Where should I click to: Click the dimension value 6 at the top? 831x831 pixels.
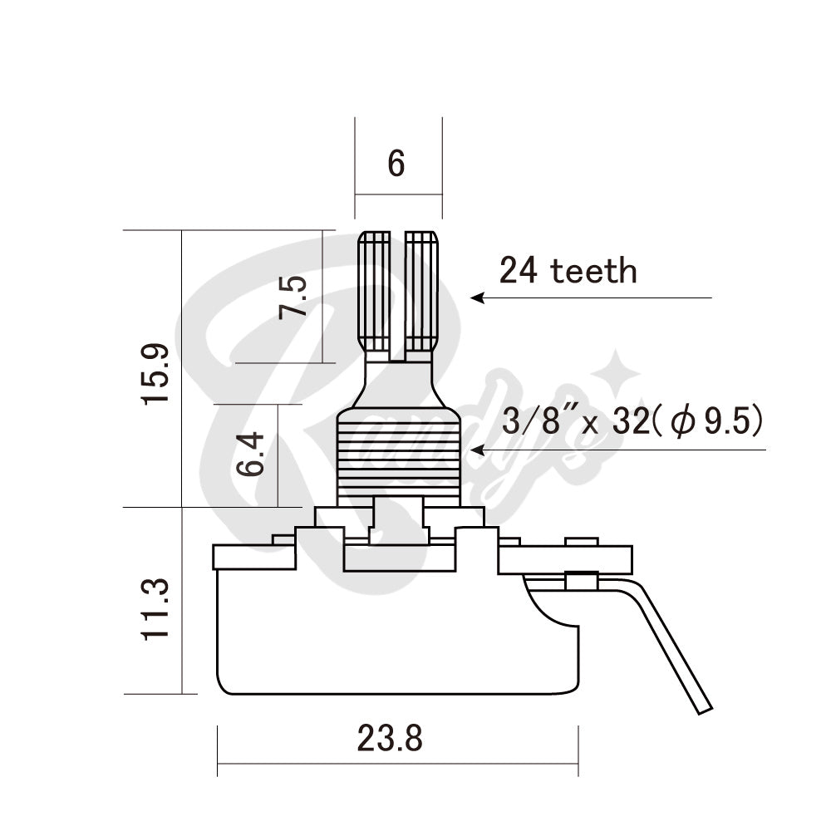(x=396, y=165)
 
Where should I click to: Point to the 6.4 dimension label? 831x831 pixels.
(x=250, y=453)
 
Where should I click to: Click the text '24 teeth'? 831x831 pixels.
(x=568, y=270)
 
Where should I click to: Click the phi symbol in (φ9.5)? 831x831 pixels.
(x=683, y=423)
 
